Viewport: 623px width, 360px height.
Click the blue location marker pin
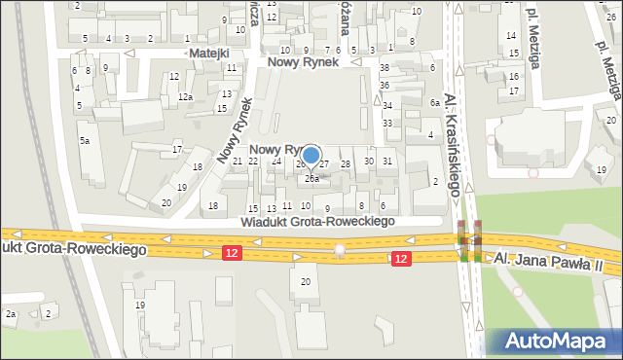pos(311,156)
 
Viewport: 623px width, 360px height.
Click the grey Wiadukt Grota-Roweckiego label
pos(317,222)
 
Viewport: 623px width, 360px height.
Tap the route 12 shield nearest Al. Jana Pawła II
pos(401,258)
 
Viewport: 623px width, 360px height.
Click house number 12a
pos(184,97)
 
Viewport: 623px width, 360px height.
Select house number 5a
pos(85,141)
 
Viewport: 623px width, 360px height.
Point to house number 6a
pos(436,102)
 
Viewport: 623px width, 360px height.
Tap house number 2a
pos(11,313)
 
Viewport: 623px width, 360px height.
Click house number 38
pos(385,67)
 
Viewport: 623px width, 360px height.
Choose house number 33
pos(386,123)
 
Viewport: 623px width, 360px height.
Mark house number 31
pos(387,161)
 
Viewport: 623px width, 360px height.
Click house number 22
pos(253,161)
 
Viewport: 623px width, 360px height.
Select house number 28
pos(346,164)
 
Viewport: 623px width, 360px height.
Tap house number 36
pos(385,86)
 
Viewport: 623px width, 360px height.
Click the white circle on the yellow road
pos(339,250)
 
